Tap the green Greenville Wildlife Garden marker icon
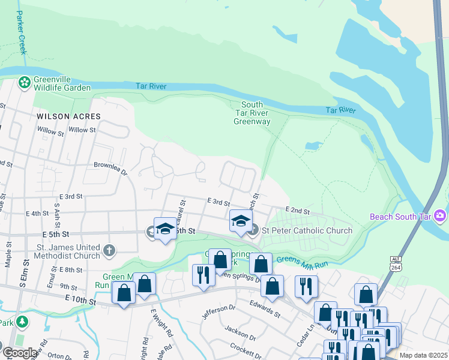click(25, 82)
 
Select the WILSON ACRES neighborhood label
click(68, 116)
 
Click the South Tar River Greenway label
click(252, 113)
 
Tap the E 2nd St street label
click(297, 211)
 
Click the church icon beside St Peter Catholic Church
click(254, 230)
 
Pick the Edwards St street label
click(265, 308)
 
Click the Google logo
click(20, 353)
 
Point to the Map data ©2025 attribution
click(423, 355)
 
